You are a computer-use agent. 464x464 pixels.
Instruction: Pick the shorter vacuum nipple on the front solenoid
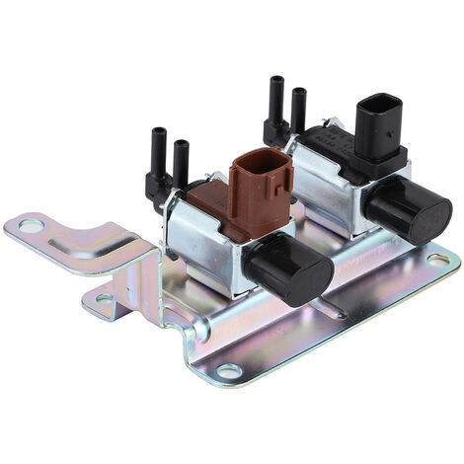click(x=181, y=164)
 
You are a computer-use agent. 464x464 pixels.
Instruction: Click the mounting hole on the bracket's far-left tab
click(x=31, y=226)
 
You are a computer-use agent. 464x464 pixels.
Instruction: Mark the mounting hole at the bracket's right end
click(x=438, y=260)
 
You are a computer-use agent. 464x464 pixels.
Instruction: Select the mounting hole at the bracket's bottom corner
click(x=229, y=371)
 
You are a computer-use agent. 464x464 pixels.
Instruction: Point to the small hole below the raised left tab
click(x=104, y=298)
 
